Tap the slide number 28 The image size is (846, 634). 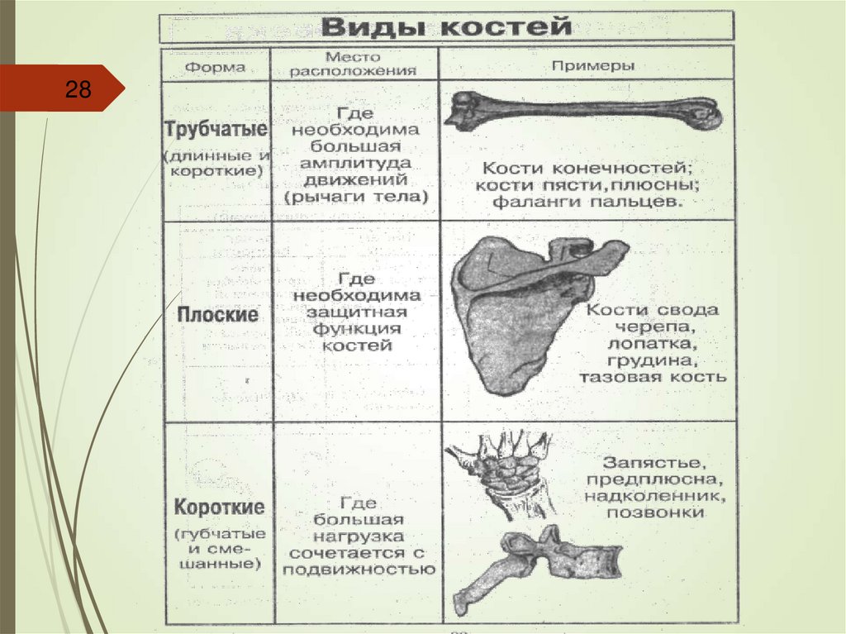[x=78, y=89]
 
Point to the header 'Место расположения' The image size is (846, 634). [x=354, y=64]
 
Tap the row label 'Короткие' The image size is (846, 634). [x=218, y=506]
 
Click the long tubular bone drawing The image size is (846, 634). [x=582, y=111]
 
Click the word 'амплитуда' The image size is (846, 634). [x=355, y=162]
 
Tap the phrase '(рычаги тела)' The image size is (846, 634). [x=355, y=197]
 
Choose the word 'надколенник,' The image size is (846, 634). [x=655, y=496]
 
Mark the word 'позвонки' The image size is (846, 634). [x=655, y=512]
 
